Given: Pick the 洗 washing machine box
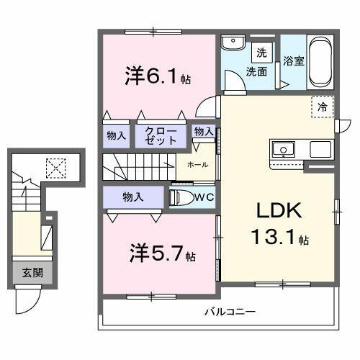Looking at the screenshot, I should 261,53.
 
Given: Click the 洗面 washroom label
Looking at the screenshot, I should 257,72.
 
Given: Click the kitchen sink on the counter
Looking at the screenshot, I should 283,150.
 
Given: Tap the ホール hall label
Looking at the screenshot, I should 198,165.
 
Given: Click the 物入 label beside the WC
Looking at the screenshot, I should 132,197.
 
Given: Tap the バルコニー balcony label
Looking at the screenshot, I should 229,312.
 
